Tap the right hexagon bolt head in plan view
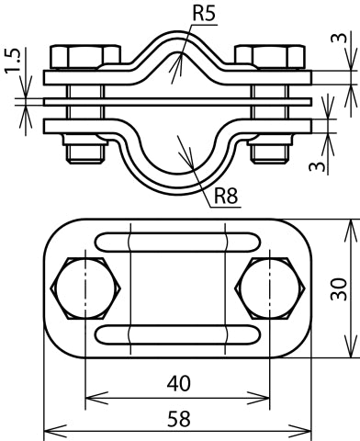tap(270, 288)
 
